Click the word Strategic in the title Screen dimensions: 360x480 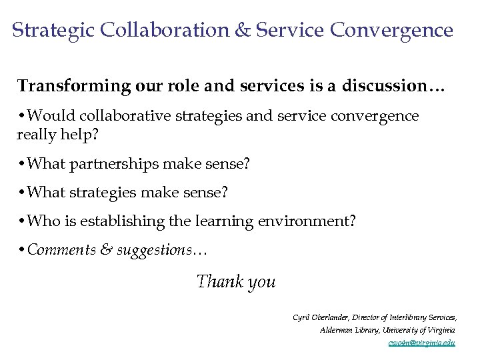(53, 31)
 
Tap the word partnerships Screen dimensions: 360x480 (121, 163)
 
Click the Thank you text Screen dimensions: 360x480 (236, 281)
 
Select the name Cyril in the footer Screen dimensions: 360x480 (301, 317)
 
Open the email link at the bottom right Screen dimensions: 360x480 (421, 343)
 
